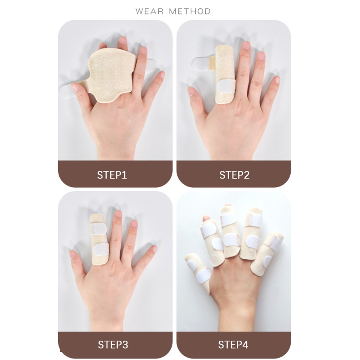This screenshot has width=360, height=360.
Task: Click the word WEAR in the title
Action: click(149, 11)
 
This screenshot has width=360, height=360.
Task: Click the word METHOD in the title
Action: click(190, 11)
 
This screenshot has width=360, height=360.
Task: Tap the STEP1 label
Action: click(112, 175)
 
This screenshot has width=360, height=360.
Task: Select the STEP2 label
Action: click(234, 175)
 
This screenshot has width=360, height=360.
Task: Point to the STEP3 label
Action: click(113, 345)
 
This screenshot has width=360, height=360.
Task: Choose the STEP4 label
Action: click(233, 345)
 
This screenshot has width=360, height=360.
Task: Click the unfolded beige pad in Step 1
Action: click(110, 76)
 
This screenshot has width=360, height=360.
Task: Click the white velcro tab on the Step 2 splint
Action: click(226, 87)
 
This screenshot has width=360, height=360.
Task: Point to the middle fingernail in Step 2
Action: click(246, 45)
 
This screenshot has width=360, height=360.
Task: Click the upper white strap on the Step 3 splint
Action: click(99, 229)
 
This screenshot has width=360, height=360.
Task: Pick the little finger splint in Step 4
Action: click(267, 253)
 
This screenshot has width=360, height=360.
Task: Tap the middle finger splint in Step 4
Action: click(231, 232)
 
